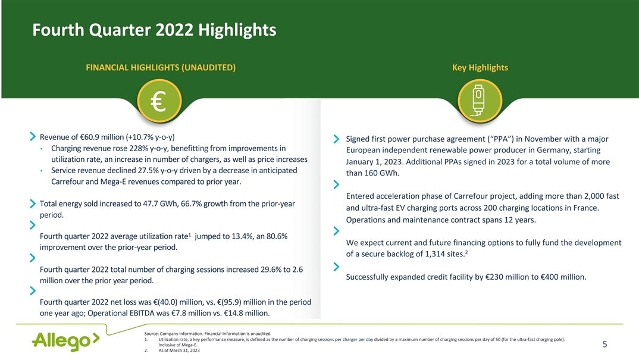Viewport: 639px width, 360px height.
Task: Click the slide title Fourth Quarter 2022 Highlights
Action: [x=154, y=30]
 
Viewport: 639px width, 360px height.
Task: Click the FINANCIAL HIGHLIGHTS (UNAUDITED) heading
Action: [x=161, y=68]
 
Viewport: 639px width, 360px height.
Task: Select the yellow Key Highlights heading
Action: [x=480, y=68]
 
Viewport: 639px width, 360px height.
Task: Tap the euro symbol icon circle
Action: [x=159, y=101]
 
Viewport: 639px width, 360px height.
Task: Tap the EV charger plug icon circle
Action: [x=480, y=101]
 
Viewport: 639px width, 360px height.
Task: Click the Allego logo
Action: [x=65, y=341]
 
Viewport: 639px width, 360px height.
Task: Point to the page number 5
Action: [x=604, y=345]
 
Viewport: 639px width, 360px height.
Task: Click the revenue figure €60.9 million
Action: [x=96, y=137]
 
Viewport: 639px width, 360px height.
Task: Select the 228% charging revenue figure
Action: [x=139, y=148]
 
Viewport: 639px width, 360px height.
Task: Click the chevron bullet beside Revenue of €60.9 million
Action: [x=33, y=137]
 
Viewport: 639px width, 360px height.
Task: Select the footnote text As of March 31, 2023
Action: [x=179, y=350]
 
